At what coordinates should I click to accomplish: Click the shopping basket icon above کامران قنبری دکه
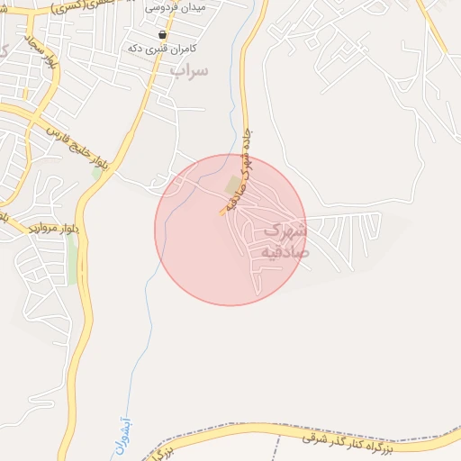click(162, 34)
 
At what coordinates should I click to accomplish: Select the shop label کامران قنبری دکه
click(163, 47)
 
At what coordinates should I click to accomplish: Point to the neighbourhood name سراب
click(188, 69)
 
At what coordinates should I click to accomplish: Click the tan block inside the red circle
click(233, 185)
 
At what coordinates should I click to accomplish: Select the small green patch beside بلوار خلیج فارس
click(96, 172)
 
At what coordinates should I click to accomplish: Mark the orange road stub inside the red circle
click(221, 212)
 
